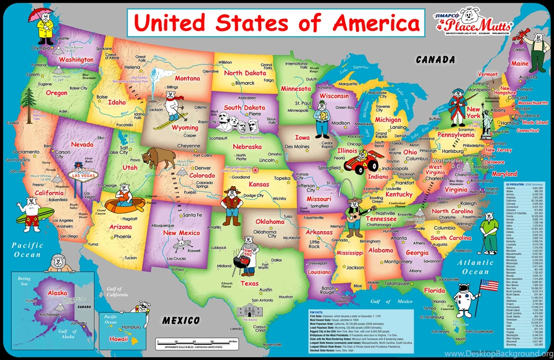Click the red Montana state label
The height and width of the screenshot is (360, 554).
pos(187,78)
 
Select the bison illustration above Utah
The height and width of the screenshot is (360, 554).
pos(159,158)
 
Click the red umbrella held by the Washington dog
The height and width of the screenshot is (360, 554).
pos(37,12)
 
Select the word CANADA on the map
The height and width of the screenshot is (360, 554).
pos(436,59)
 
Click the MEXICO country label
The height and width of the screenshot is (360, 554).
pos(182,321)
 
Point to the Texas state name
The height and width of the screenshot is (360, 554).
pos(249,283)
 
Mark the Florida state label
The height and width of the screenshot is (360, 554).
pos(434,291)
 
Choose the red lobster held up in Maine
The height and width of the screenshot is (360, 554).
pos(523,36)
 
